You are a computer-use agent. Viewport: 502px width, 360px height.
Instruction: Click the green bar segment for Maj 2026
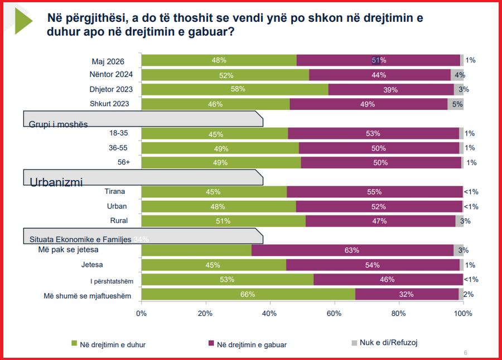[x=219, y=60]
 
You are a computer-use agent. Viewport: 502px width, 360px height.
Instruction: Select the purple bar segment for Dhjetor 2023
[x=391, y=89]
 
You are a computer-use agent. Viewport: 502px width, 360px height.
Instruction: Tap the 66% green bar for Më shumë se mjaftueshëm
[x=248, y=294]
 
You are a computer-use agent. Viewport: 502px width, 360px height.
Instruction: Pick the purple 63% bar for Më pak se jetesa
[x=353, y=250]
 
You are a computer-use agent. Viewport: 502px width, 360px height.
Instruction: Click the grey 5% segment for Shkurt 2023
[x=455, y=104]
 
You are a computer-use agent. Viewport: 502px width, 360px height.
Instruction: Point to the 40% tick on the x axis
[x=270, y=302]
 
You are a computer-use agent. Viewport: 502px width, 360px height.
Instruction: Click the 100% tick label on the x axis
[x=463, y=313]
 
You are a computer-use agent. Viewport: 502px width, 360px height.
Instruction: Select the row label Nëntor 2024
[x=111, y=74]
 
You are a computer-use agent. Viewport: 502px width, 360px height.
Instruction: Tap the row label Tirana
[x=114, y=191]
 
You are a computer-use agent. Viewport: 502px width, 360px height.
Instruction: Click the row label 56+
[x=124, y=162]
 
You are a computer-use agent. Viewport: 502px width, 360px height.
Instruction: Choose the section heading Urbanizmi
[x=56, y=182]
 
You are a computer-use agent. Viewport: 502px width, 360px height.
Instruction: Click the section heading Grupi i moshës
[x=58, y=124]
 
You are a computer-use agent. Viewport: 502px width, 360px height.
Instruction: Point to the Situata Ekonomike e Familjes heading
[x=80, y=239]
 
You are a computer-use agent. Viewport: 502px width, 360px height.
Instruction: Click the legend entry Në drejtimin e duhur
[x=109, y=344]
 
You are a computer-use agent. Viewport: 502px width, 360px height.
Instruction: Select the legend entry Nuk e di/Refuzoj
[x=384, y=342]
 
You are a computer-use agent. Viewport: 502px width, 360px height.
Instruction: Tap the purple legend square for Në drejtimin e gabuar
[x=211, y=343]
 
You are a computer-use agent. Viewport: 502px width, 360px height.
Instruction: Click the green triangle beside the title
[x=23, y=21]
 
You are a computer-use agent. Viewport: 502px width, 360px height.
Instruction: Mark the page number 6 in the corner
[x=466, y=353]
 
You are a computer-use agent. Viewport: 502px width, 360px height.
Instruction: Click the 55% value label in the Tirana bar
[x=374, y=192]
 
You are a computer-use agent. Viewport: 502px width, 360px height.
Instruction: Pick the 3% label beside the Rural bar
[x=466, y=220]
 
